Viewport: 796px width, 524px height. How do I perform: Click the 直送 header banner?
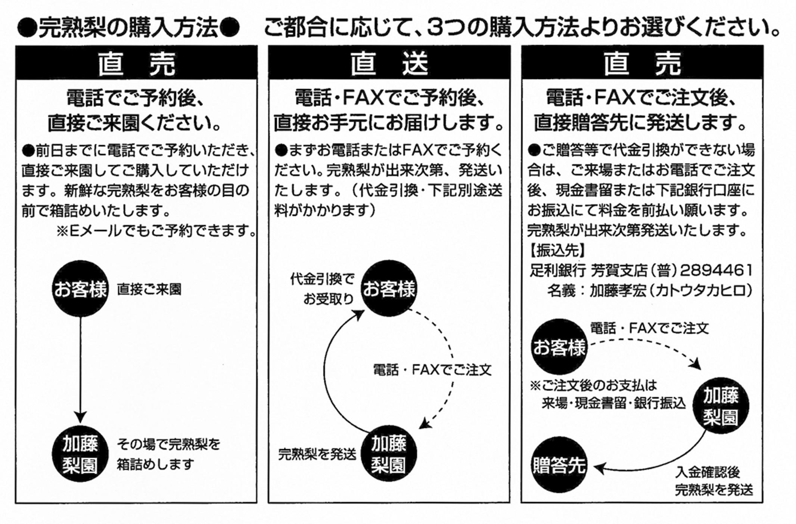pos(389,63)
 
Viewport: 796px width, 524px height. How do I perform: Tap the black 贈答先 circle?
pos(559,465)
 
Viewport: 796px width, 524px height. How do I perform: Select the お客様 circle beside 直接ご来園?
pos(80,289)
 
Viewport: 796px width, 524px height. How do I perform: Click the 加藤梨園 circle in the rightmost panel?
pos(721,406)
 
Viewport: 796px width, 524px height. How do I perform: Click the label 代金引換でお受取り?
pos(322,289)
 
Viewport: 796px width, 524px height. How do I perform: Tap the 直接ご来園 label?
pos(149,289)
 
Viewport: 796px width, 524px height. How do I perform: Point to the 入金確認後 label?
pos(708,472)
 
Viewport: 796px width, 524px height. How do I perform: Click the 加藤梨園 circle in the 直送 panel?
pos(389,454)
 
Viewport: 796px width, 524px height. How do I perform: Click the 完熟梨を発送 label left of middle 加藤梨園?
pos(317,455)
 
